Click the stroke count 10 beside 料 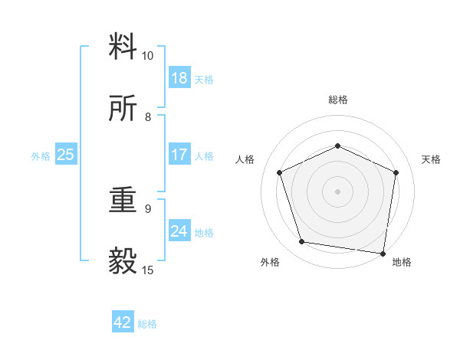click(148, 56)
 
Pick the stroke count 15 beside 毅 click(148, 270)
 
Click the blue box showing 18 click(179, 78)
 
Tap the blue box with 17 click(179, 155)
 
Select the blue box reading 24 click(179, 231)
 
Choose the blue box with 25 click(65, 155)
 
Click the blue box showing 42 click(123, 322)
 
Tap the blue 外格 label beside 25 click(41, 156)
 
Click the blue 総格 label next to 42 click(147, 324)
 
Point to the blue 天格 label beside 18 click(204, 80)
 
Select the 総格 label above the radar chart click(337, 100)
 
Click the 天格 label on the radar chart click(431, 159)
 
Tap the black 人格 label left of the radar click(245, 159)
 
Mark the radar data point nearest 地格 click(383, 254)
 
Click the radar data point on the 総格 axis click(337, 145)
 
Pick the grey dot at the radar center click(337, 191)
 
